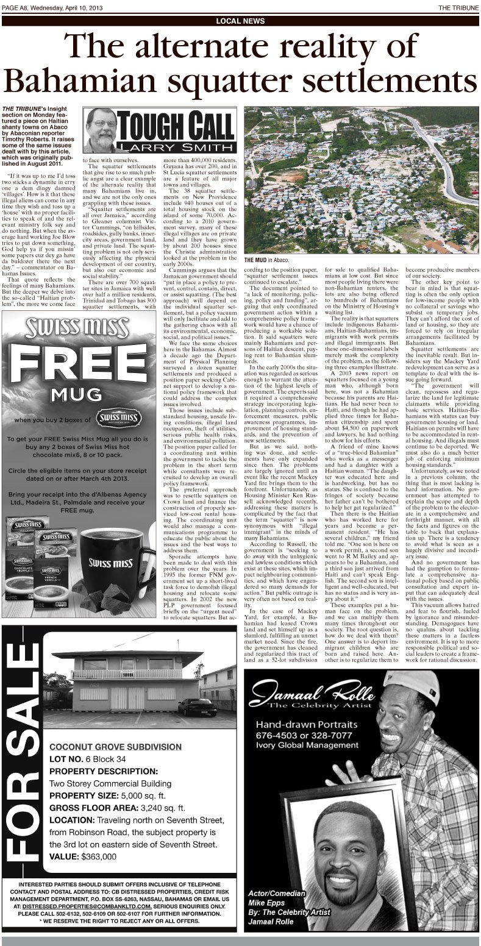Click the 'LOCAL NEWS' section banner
(240, 21)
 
